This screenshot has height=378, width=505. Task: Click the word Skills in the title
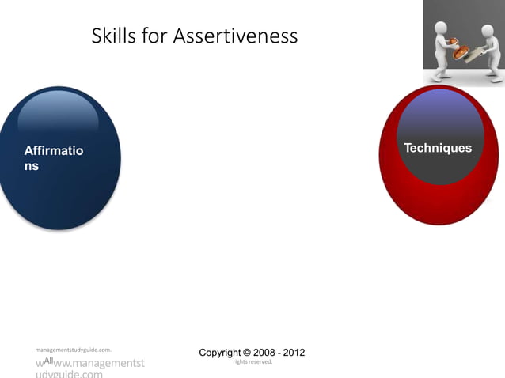113,36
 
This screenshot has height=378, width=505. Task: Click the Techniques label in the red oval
438,149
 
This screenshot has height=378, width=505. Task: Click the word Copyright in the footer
224,353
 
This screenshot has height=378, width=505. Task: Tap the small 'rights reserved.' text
252,362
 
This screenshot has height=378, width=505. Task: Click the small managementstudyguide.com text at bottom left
73,348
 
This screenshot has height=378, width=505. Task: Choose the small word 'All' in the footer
48,361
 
